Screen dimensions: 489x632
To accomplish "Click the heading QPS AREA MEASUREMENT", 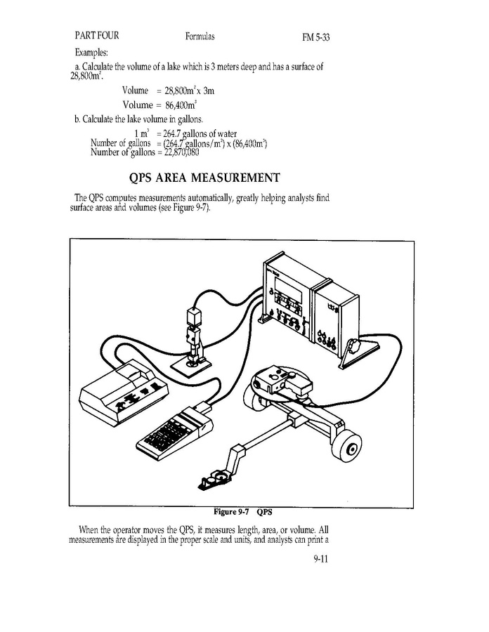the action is (x=204, y=178).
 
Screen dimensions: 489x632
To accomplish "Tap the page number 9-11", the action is (x=321, y=559).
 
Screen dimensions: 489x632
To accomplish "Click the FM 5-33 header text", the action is (x=316, y=37).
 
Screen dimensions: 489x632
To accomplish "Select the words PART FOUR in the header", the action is (x=97, y=36).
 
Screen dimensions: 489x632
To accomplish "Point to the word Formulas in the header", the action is (x=200, y=37).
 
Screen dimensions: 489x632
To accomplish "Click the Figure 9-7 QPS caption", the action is (x=242, y=512).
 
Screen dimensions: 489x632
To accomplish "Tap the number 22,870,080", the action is (x=182, y=152).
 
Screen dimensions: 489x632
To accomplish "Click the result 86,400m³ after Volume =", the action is (x=181, y=105).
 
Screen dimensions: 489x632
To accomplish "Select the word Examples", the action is (x=91, y=53).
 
